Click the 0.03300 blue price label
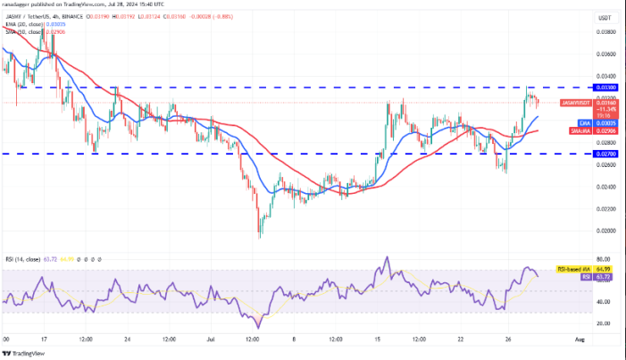tap(579, 88)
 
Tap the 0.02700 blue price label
tap(579, 154)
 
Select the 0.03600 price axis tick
tap(580, 54)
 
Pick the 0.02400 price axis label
tap(580, 187)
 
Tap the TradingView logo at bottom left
tap(26, 352)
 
